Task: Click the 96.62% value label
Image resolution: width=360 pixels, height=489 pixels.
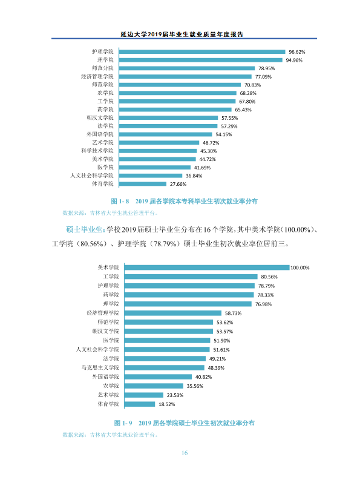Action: click(x=296, y=52)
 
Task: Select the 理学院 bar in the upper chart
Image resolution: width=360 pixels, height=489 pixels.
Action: click(x=201, y=60)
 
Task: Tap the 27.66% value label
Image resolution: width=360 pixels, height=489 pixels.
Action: click(x=178, y=185)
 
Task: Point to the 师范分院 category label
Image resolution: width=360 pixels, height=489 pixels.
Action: click(x=102, y=68)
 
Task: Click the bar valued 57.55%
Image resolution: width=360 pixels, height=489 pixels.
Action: click(x=168, y=118)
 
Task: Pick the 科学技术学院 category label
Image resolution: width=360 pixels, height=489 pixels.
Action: click(x=97, y=151)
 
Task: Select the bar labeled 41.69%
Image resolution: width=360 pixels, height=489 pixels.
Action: click(x=155, y=168)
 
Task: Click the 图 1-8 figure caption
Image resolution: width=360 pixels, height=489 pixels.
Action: click(x=184, y=201)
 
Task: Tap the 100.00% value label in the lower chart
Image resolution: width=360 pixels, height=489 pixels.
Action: click(x=300, y=267)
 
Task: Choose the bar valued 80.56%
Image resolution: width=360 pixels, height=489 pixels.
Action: click(x=191, y=277)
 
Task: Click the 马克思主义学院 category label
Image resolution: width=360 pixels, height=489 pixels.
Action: click(x=100, y=367)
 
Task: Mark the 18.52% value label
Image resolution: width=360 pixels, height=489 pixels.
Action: click(x=167, y=404)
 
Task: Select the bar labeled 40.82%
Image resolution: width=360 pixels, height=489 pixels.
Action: click(x=158, y=376)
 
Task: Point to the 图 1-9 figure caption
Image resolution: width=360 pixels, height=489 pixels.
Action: click(x=184, y=423)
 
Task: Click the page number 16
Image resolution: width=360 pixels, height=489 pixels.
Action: click(x=185, y=453)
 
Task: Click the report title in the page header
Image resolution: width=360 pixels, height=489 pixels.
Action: click(x=182, y=34)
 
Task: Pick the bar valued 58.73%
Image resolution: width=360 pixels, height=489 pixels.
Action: click(x=173, y=313)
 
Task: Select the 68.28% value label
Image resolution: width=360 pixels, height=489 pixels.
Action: click(x=248, y=93)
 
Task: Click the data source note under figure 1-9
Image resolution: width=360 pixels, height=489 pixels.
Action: click(x=110, y=435)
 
